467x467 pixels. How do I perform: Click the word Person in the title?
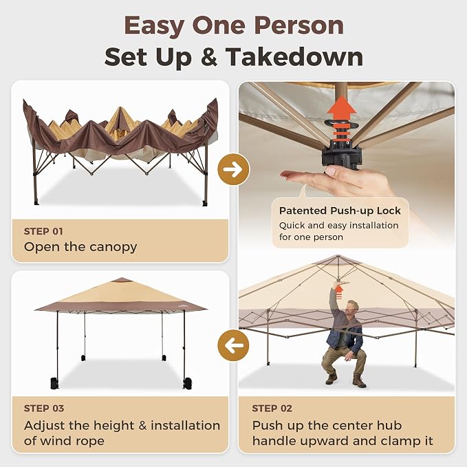click(299, 27)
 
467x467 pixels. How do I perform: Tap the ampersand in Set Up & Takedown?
click(209, 56)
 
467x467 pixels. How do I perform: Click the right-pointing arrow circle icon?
click(234, 169)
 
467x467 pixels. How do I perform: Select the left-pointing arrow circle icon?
click(234, 345)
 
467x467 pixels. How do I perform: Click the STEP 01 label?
click(43, 231)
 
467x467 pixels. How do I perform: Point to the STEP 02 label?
click(272, 409)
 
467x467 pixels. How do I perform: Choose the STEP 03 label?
click(44, 409)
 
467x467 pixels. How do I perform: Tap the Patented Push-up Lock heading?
click(340, 211)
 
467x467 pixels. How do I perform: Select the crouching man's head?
click(354, 307)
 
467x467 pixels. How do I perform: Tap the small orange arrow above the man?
click(339, 292)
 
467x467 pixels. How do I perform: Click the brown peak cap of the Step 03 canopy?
click(121, 280)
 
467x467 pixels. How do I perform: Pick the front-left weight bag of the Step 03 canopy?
click(54, 383)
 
